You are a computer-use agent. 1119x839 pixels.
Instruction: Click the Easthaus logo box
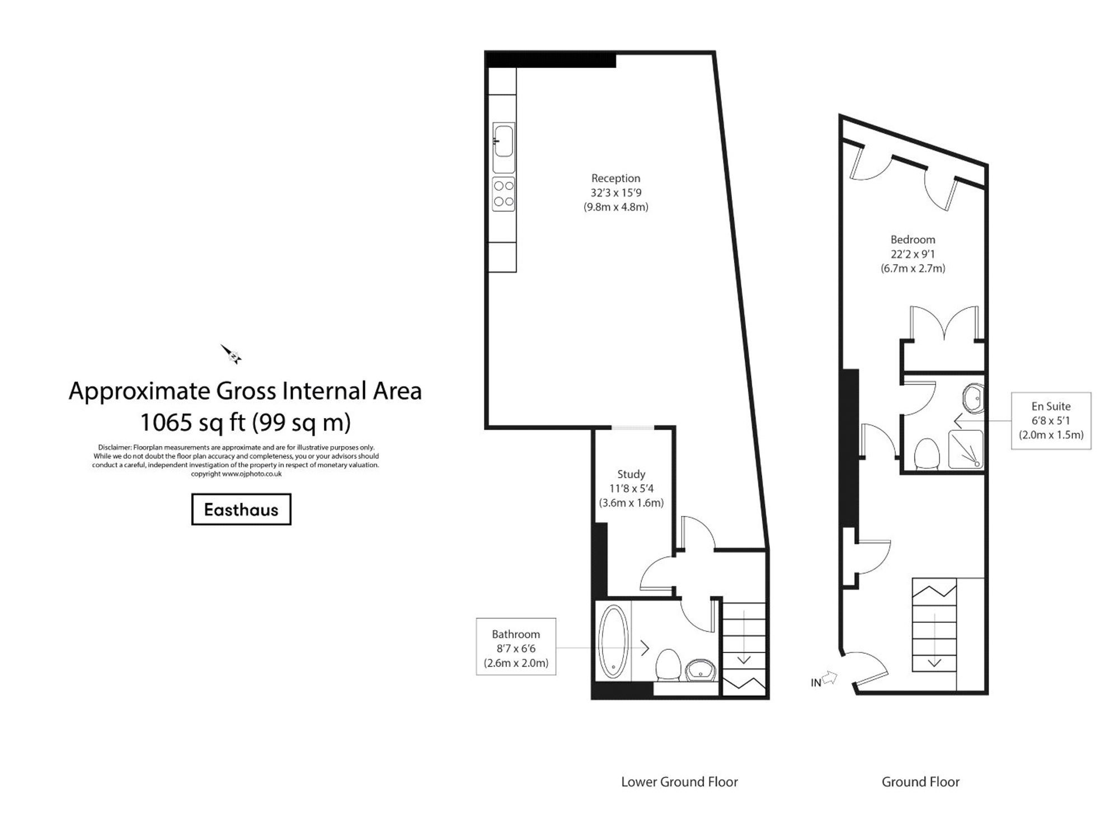click(x=241, y=509)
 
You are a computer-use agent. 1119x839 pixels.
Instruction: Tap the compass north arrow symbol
click(x=231, y=354)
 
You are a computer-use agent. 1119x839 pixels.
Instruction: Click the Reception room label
click(x=615, y=179)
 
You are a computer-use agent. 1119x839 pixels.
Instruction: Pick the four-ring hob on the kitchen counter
click(x=503, y=194)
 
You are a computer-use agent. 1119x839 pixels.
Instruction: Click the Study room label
click(x=631, y=474)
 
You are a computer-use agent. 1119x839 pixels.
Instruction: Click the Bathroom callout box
click(x=516, y=647)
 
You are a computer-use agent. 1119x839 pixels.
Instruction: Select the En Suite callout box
click(x=1051, y=421)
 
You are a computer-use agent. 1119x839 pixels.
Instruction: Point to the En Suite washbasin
click(x=974, y=398)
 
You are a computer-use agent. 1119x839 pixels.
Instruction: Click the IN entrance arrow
click(x=829, y=678)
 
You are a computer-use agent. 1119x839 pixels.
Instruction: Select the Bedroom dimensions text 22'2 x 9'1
click(x=913, y=254)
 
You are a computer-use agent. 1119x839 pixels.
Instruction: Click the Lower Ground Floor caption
click(x=679, y=782)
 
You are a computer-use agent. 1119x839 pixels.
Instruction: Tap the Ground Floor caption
click(x=920, y=782)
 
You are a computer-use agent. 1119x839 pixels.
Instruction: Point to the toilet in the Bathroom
click(x=667, y=665)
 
